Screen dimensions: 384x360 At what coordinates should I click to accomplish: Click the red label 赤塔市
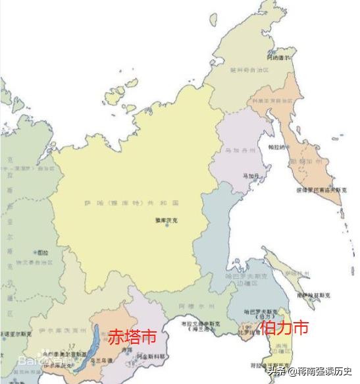click(x=132, y=337)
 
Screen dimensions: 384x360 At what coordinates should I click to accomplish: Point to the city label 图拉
click(x=43, y=252)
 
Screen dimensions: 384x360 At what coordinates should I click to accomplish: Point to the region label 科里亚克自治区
click(x=270, y=101)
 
